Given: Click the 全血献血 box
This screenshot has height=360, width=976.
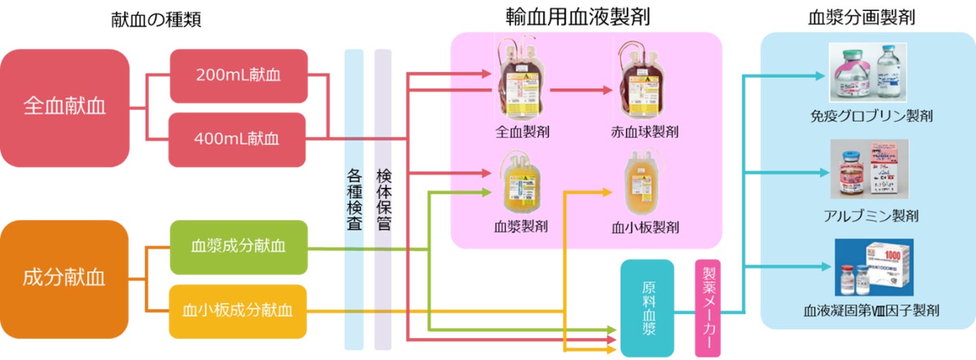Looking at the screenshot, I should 65,108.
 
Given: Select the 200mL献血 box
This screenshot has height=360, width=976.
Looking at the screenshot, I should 238,76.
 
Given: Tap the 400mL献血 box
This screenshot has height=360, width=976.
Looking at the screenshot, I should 238,139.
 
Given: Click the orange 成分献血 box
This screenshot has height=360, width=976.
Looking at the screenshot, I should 65,278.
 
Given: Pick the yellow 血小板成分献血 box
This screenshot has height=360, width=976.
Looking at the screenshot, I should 238,311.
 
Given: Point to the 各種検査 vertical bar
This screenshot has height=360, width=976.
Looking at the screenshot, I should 353,199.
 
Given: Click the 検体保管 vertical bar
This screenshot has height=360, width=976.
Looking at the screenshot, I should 383,199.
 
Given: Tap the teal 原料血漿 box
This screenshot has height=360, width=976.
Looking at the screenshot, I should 647,308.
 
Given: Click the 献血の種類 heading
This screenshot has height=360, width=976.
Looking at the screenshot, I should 156,20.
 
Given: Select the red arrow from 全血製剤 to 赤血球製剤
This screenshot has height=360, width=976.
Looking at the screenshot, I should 581,89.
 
